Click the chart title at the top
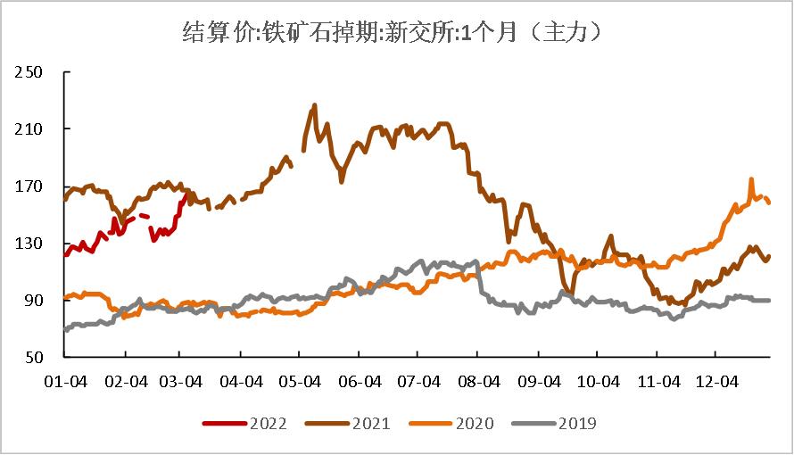click(x=396, y=33)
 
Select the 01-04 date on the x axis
click(x=66, y=381)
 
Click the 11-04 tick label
click(x=658, y=381)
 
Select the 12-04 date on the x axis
click(x=716, y=381)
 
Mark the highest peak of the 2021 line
click(x=315, y=105)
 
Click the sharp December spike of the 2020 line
click(x=751, y=179)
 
